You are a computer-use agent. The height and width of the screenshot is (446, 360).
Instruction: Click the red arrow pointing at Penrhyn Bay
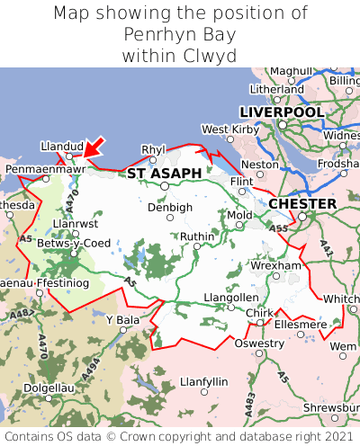pos(94,147)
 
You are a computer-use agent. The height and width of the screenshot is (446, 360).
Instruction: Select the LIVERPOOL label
pos(282,111)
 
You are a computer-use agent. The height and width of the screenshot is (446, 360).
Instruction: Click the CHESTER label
pos(302,204)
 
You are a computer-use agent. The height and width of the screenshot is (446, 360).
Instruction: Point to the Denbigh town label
pos(170,207)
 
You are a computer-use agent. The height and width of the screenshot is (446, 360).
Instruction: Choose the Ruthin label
pos(198,236)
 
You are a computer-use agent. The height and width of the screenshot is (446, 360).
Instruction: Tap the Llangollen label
pos(231,297)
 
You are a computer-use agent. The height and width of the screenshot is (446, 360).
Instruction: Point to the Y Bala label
pos(123,320)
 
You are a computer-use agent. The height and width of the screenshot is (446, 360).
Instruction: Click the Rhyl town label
pos(155,149)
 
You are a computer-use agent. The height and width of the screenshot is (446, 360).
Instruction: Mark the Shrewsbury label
pos(331,406)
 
